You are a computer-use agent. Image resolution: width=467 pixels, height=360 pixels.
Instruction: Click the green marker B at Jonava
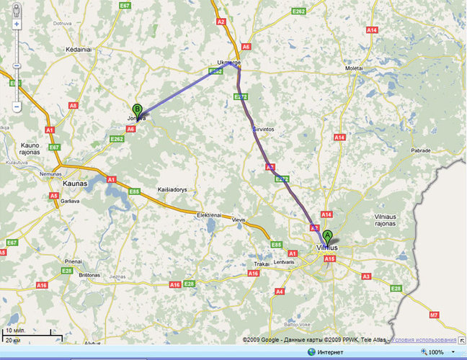tap(136, 110)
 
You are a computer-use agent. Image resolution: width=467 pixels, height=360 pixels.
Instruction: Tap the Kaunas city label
tap(75, 184)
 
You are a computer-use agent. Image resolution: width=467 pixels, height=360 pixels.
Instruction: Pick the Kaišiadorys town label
tap(172, 189)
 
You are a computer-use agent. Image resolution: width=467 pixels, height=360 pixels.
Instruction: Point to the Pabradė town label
tap(419, 150)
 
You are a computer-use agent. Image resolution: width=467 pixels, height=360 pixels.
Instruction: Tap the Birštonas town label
tap(89, 275)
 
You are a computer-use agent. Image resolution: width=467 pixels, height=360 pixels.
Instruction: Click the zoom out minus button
tap(16, 107)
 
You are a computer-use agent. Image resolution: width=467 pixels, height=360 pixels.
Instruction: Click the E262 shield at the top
tap(298, 12)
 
